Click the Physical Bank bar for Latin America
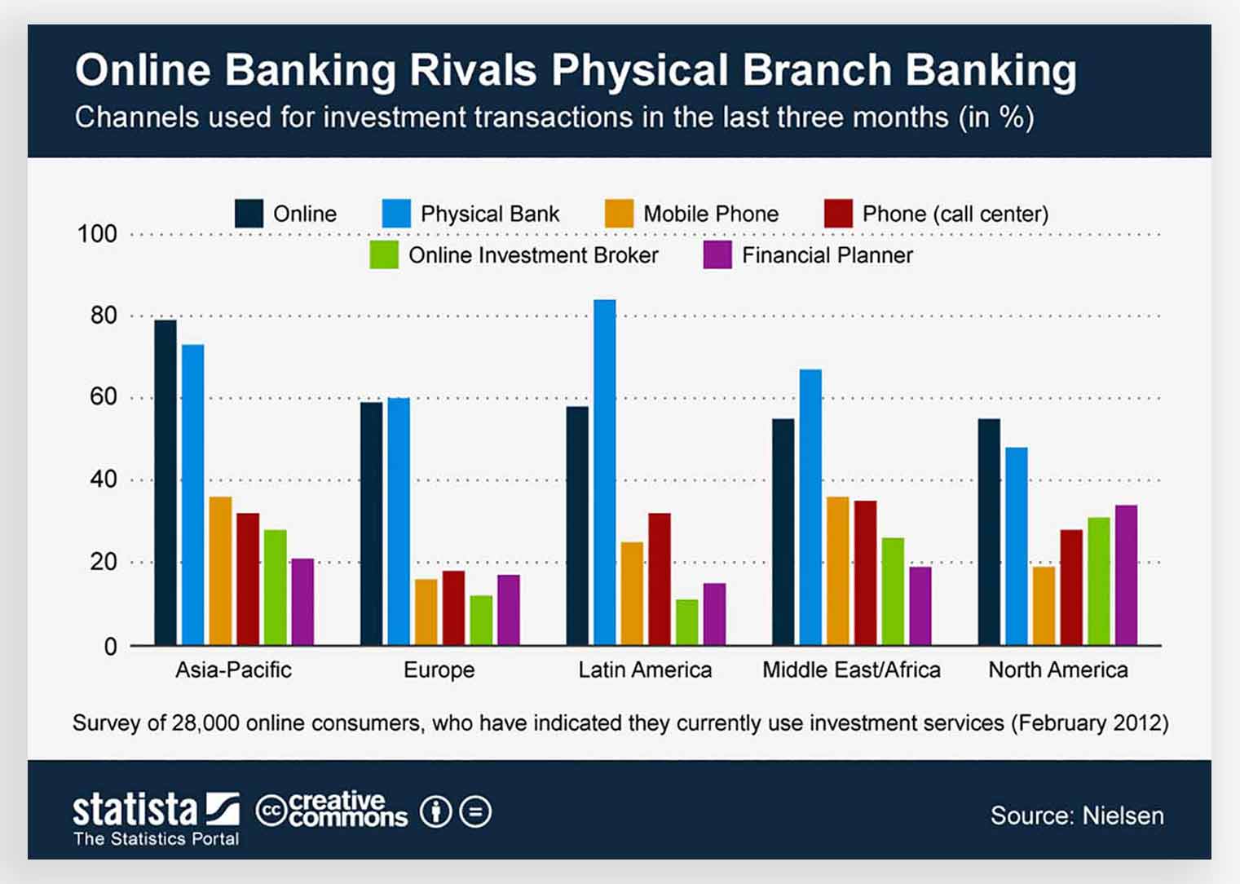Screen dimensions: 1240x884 (604, 472)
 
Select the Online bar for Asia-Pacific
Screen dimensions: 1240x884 (165, 483)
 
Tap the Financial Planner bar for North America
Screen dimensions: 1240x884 (1127, 576)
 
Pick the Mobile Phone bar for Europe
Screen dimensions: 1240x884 (426, 612)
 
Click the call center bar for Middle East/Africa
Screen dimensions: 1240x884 (865, 573)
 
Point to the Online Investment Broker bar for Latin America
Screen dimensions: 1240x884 (687, 622)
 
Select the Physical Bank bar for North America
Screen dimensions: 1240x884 (1017, 546)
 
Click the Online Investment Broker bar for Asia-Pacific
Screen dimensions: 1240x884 (275, 588)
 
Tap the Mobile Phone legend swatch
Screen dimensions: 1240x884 (619, 213)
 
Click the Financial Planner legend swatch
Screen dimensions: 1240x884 (717, 254)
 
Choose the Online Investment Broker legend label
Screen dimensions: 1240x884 (533, 255)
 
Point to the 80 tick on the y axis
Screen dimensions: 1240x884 (104, 316)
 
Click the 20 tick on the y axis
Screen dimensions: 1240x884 (104, 562)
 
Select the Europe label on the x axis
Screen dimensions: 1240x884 (439, 670)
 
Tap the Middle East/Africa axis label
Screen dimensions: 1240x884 (851, 670)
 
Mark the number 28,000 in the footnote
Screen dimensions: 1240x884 (205, 723)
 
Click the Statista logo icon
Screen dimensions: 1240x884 (223, 809)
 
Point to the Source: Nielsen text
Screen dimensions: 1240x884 (1077, 815)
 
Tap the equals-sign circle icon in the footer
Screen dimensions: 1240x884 (475, 812)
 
